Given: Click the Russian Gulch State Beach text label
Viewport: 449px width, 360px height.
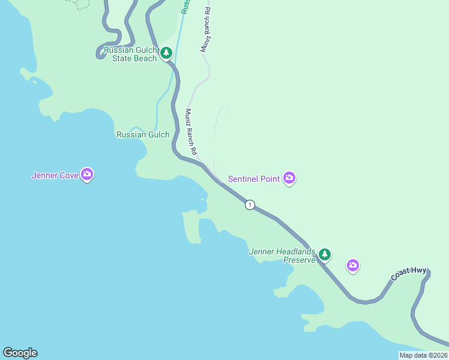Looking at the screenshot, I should click(x=130, y=54).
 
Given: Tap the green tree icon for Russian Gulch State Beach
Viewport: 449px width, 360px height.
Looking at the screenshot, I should click(x=166, y=53).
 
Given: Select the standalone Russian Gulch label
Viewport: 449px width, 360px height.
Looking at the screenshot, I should click(x=143, y=134).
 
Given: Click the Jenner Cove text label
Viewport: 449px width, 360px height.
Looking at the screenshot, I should click(x=55, y=176).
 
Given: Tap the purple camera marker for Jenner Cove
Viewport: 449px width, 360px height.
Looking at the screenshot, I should click(x=87, y=175).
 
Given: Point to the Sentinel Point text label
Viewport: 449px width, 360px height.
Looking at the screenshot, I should click(x=254, y=179).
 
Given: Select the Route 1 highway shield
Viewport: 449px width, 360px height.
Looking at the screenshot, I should click(x=250, y=205).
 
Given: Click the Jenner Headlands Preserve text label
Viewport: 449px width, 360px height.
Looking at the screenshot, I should click(x=282, y=256).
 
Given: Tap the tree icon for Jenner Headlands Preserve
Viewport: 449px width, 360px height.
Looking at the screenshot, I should click(x=324, y=254).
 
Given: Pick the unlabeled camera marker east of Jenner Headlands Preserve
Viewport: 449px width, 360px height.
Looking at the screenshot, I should click(x=353, y=265).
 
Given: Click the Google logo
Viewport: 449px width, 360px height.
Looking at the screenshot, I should click(x=20, y=353).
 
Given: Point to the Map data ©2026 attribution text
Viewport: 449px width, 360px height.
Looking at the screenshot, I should click(x=423, y=355).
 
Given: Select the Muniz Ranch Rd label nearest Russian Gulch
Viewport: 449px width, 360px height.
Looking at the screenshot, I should click(x=191, y=133).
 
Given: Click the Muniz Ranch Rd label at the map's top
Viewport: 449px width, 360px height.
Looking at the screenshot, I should click(x=206, y=30).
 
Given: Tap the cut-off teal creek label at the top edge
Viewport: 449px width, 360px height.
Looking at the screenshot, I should click(x=186, y=6).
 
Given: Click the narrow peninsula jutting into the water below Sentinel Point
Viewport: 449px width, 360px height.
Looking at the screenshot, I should click(x=192, y=228).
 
